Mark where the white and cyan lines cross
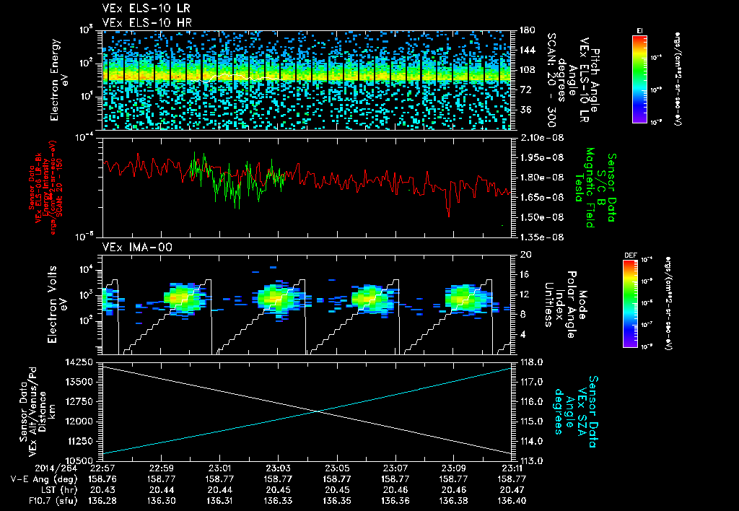click(318, 411)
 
